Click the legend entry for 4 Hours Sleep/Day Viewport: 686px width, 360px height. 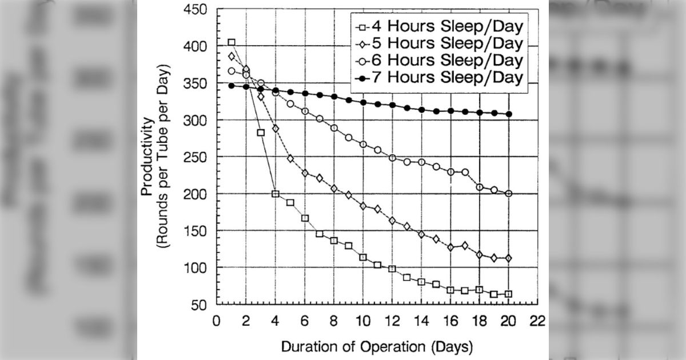pos(440,26)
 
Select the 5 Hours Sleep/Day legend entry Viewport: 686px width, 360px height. pos(440,43)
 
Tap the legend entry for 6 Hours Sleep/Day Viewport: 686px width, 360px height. pos(440,61)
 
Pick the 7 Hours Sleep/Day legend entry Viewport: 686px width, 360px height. pos(440,78)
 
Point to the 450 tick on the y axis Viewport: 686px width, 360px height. pos(195,10)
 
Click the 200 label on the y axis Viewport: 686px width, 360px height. pos(195,194)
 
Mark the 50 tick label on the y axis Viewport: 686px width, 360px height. pos(199,305)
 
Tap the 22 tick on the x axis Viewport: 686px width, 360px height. pos(537,321)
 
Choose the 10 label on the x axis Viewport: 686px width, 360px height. pos(363,321)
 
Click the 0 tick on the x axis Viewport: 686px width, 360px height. pos(217,321)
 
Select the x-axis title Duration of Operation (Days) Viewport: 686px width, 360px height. pos(377,347)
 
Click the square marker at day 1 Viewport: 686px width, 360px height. pos(232,42)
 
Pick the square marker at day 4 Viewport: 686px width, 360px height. pos(276,194)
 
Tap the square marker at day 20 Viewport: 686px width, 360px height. pos(508,294)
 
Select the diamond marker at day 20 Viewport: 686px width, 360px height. pos(508,258)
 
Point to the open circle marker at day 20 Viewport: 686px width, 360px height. pos(508,194)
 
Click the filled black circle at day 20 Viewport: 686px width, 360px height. pos(509,114)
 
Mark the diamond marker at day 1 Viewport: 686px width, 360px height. pos(232,57)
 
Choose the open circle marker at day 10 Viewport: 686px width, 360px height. pos(363,145)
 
